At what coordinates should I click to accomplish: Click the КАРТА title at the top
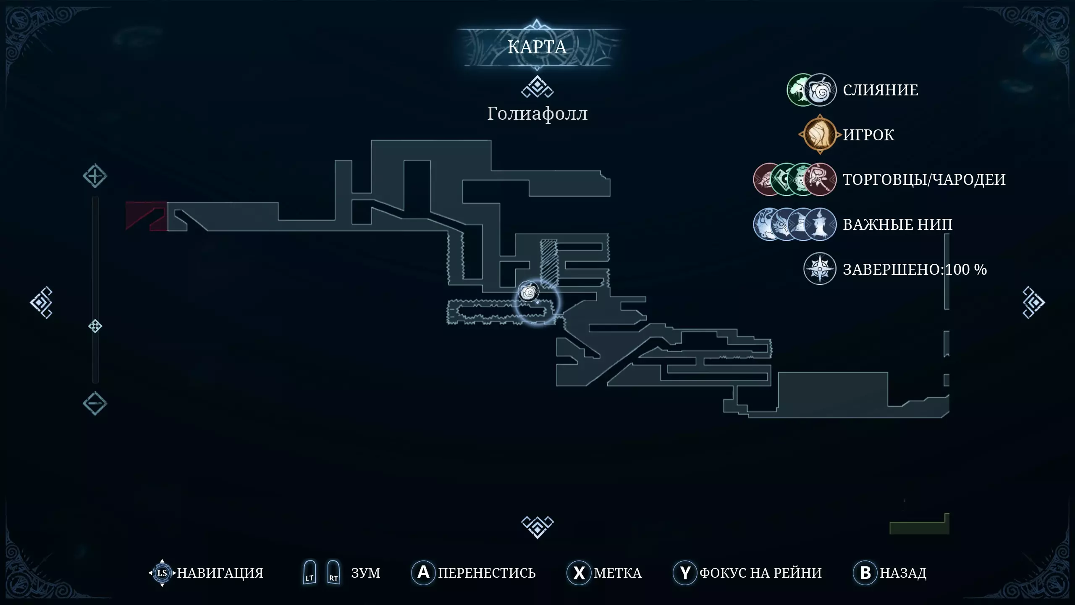[537, 47]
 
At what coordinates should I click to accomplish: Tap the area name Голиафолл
[537, 113]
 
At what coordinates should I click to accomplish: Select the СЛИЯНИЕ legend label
[881, 90]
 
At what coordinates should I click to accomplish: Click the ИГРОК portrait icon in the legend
[820, 134]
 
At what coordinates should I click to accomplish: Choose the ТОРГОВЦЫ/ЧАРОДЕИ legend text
[924, 179]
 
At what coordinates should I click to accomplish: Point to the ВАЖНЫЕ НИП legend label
[898, 224]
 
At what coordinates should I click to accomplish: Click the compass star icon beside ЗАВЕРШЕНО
[820, 269]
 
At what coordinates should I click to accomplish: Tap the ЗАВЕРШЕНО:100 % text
[915, 269]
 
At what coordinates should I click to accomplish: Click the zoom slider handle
[95, 326]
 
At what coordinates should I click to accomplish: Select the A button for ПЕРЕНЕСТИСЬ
[423, 572]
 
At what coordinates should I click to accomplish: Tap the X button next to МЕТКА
[579, 572]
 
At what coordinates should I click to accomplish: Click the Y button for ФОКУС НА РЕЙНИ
[685, 572]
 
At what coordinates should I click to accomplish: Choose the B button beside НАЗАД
[865, 572]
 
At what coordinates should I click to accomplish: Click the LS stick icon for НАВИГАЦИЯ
[162, 573]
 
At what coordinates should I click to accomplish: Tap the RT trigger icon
[333, 572]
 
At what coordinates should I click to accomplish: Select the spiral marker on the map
[528, 292]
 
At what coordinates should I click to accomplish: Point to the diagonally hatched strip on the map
[548, 263]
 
